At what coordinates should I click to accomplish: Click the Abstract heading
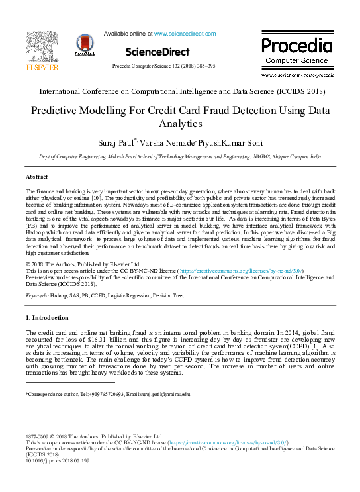point(36,177)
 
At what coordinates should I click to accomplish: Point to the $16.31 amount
point(90,339)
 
